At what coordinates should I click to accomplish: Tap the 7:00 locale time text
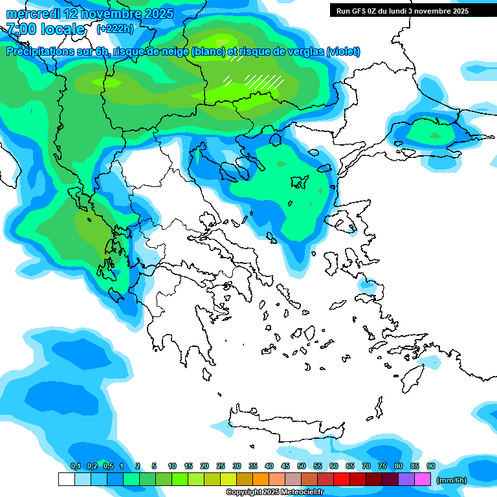pyautogui.click(x=45, y=29)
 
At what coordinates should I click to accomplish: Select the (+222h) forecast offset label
pyautogui.click(x=115, y=28)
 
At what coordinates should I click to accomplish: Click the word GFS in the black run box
pyautogui.click(x=362, y=10)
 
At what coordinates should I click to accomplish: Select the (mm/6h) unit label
pyautogui.click(x=451, y=480)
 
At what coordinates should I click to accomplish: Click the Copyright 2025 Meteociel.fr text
pyautogui.click(x=274, y=492)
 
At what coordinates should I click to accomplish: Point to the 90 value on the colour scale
pyautogui.click(x=431, y=466)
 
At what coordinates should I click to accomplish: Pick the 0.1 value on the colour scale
pyautogui.click(x=75, y=466)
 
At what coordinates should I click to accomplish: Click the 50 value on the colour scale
pyautogui.click(x=302, y=466)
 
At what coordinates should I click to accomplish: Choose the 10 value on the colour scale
pyautogui.click(x=172, y=466)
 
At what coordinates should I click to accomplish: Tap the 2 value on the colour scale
pyautogui.click(x=137, y=466)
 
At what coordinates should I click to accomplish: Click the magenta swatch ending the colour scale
pyautogui.click(x=423, y=479)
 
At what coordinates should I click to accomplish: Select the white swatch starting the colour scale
pyautogui.click(x=67, y=479)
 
